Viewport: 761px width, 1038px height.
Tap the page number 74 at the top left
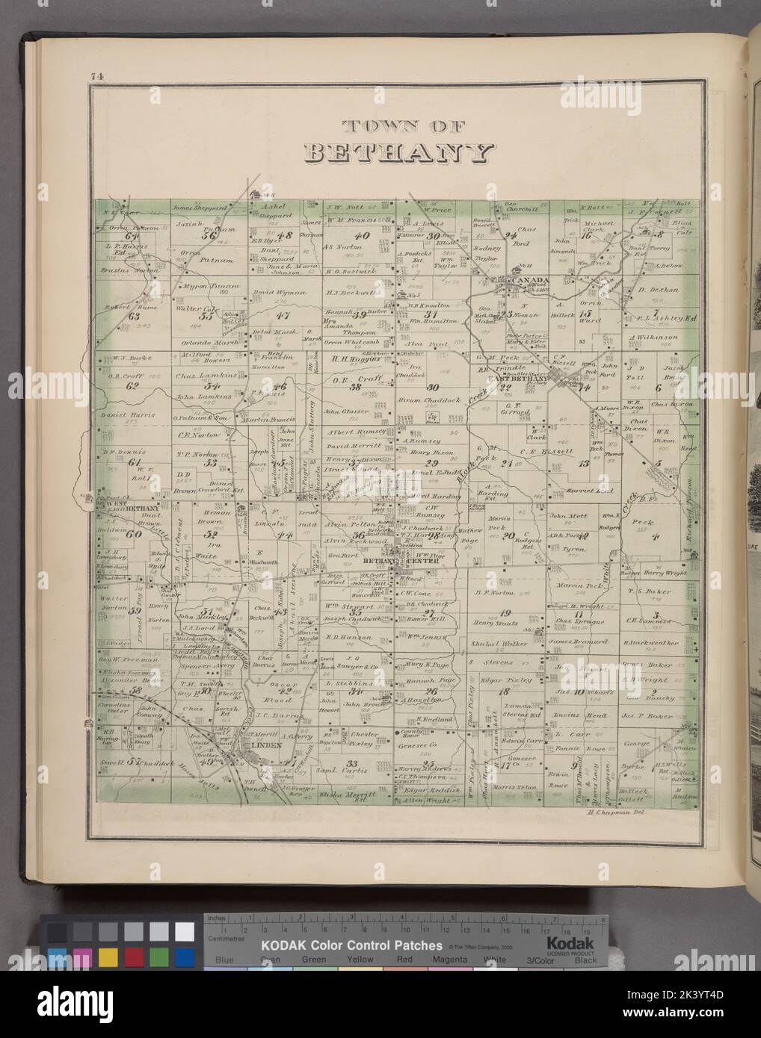[96, 75]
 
